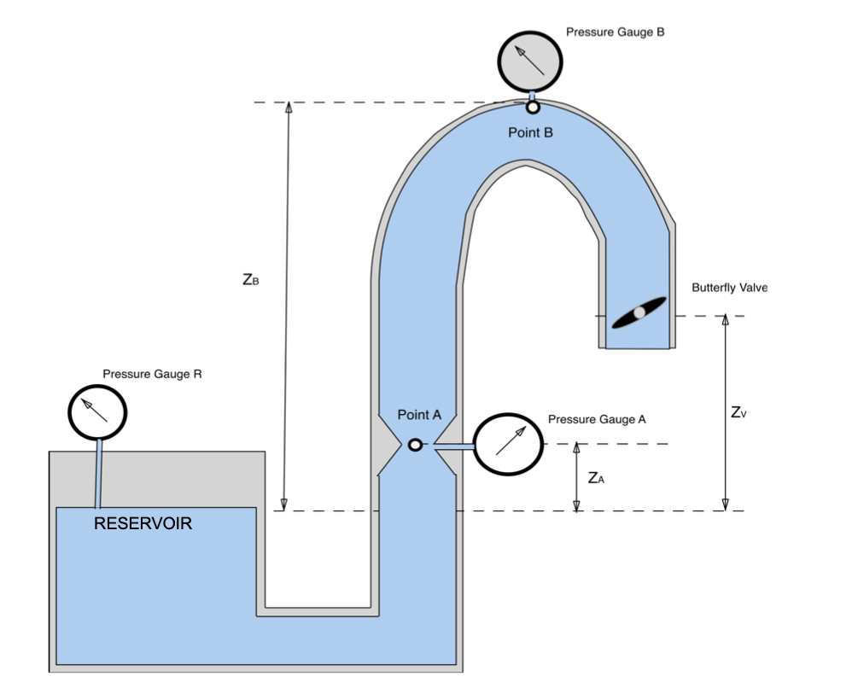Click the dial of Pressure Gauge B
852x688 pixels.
point(530,61)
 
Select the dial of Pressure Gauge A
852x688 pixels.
point(509,444)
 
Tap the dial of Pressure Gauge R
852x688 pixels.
point(97,412)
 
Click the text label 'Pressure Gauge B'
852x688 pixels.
point(615,32)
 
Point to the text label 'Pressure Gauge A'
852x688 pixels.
point(597,419)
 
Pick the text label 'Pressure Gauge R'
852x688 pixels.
point(152,374)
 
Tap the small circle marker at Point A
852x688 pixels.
point(415,445)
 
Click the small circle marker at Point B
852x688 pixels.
point(533,108)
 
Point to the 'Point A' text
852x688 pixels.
point(419,415)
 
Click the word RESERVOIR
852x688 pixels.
point(143,523)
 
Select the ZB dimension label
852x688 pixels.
point(250,279)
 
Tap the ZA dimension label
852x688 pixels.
point(596,478)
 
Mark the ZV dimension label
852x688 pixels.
point(739,412)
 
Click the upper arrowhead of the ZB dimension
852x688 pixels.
point(289,108)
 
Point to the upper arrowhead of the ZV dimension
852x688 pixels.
point(726,322)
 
